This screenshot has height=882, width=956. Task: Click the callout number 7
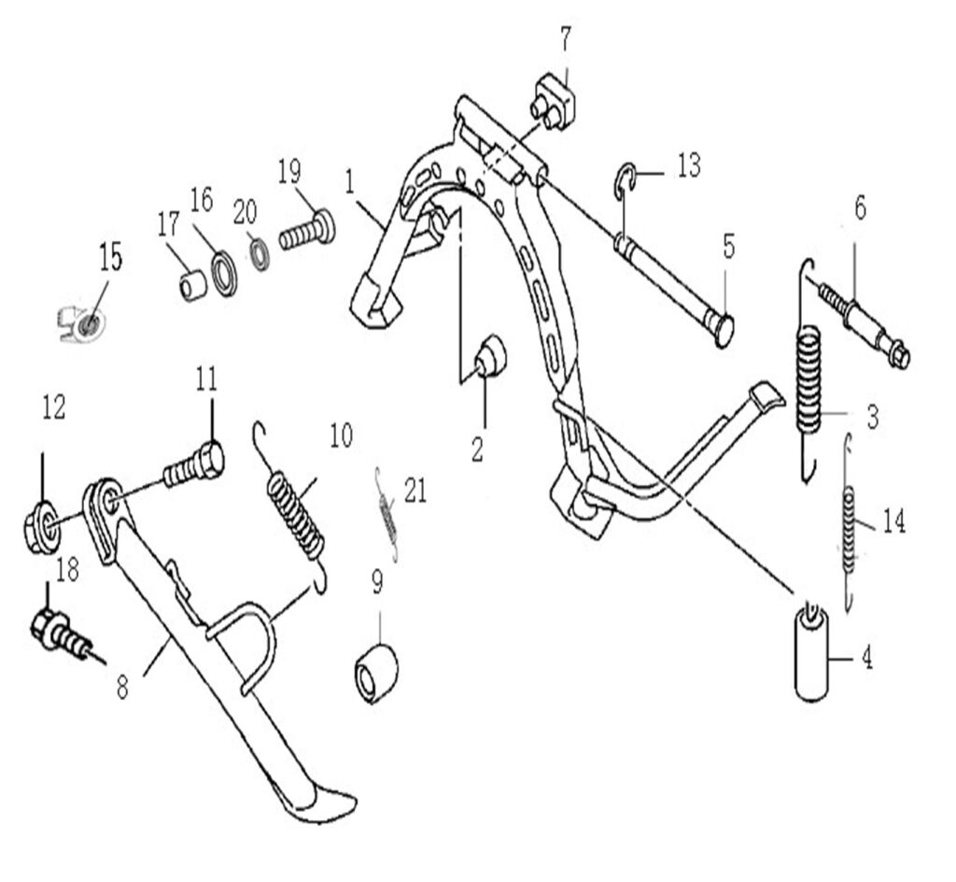pyautogui.click(x=567, y=38)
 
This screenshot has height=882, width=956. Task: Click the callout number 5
pyautogui.click(x=728, y=247)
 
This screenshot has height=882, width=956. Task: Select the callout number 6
pyautogui.click(x=859, y=208)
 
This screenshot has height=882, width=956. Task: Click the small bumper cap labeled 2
pyautogui.click(x=490, y=357)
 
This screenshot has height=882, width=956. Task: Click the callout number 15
pyautogui.click(x=110, y=258)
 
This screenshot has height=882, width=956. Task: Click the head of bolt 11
pyautogui.click(x=210, y=458)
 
